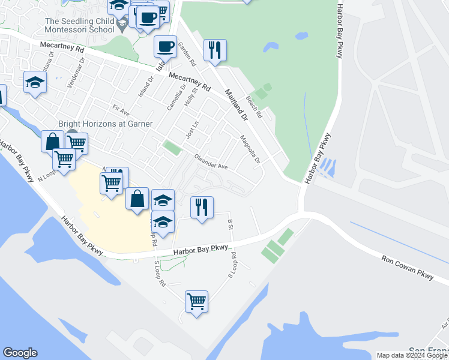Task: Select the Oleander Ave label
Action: [x=210, y=163]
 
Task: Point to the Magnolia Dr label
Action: [x=250, y=149]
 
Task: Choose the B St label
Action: [x=230, y=224]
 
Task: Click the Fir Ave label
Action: [x=121, y=112]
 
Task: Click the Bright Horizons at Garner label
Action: [x=105, y=124]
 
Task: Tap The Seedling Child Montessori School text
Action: [x=80, y=25]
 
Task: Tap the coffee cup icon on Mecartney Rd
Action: [x=165, y=46]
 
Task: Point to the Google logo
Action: [x=20, y=353]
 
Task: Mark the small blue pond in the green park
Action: [x=271, y=46]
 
